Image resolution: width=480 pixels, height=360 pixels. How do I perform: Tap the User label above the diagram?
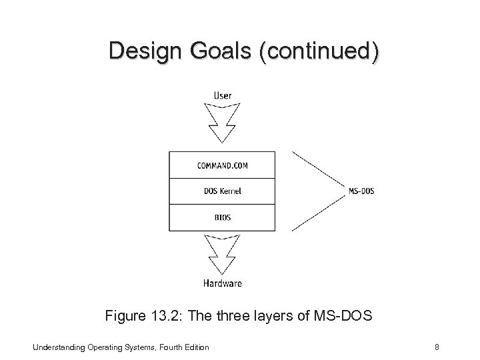click(223, 95)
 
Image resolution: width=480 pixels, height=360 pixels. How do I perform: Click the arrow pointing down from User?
click(222, 123)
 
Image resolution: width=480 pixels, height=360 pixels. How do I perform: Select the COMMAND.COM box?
click(223, 165)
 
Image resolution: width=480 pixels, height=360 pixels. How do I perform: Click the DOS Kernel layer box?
click(223, 191)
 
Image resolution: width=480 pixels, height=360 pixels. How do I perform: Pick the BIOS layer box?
click(223, 217)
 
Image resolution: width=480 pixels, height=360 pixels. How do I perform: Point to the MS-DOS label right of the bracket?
click(361, 191)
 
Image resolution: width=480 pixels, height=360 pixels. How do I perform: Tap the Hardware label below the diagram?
click(223, 283)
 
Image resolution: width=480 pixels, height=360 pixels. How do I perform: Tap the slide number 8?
click(435, 347)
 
